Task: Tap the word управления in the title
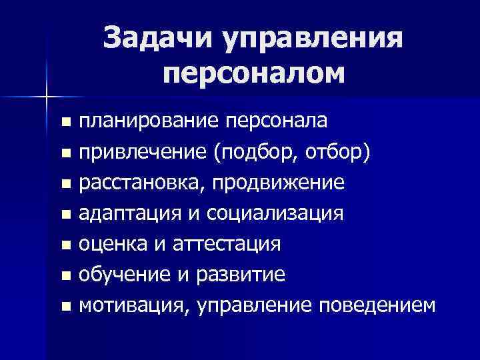tap(313, 38)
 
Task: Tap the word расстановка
tap(141, 183)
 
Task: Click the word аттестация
tap(231, 245)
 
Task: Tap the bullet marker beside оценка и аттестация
tap(65, 246)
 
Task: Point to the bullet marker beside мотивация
tap(65, 307)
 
